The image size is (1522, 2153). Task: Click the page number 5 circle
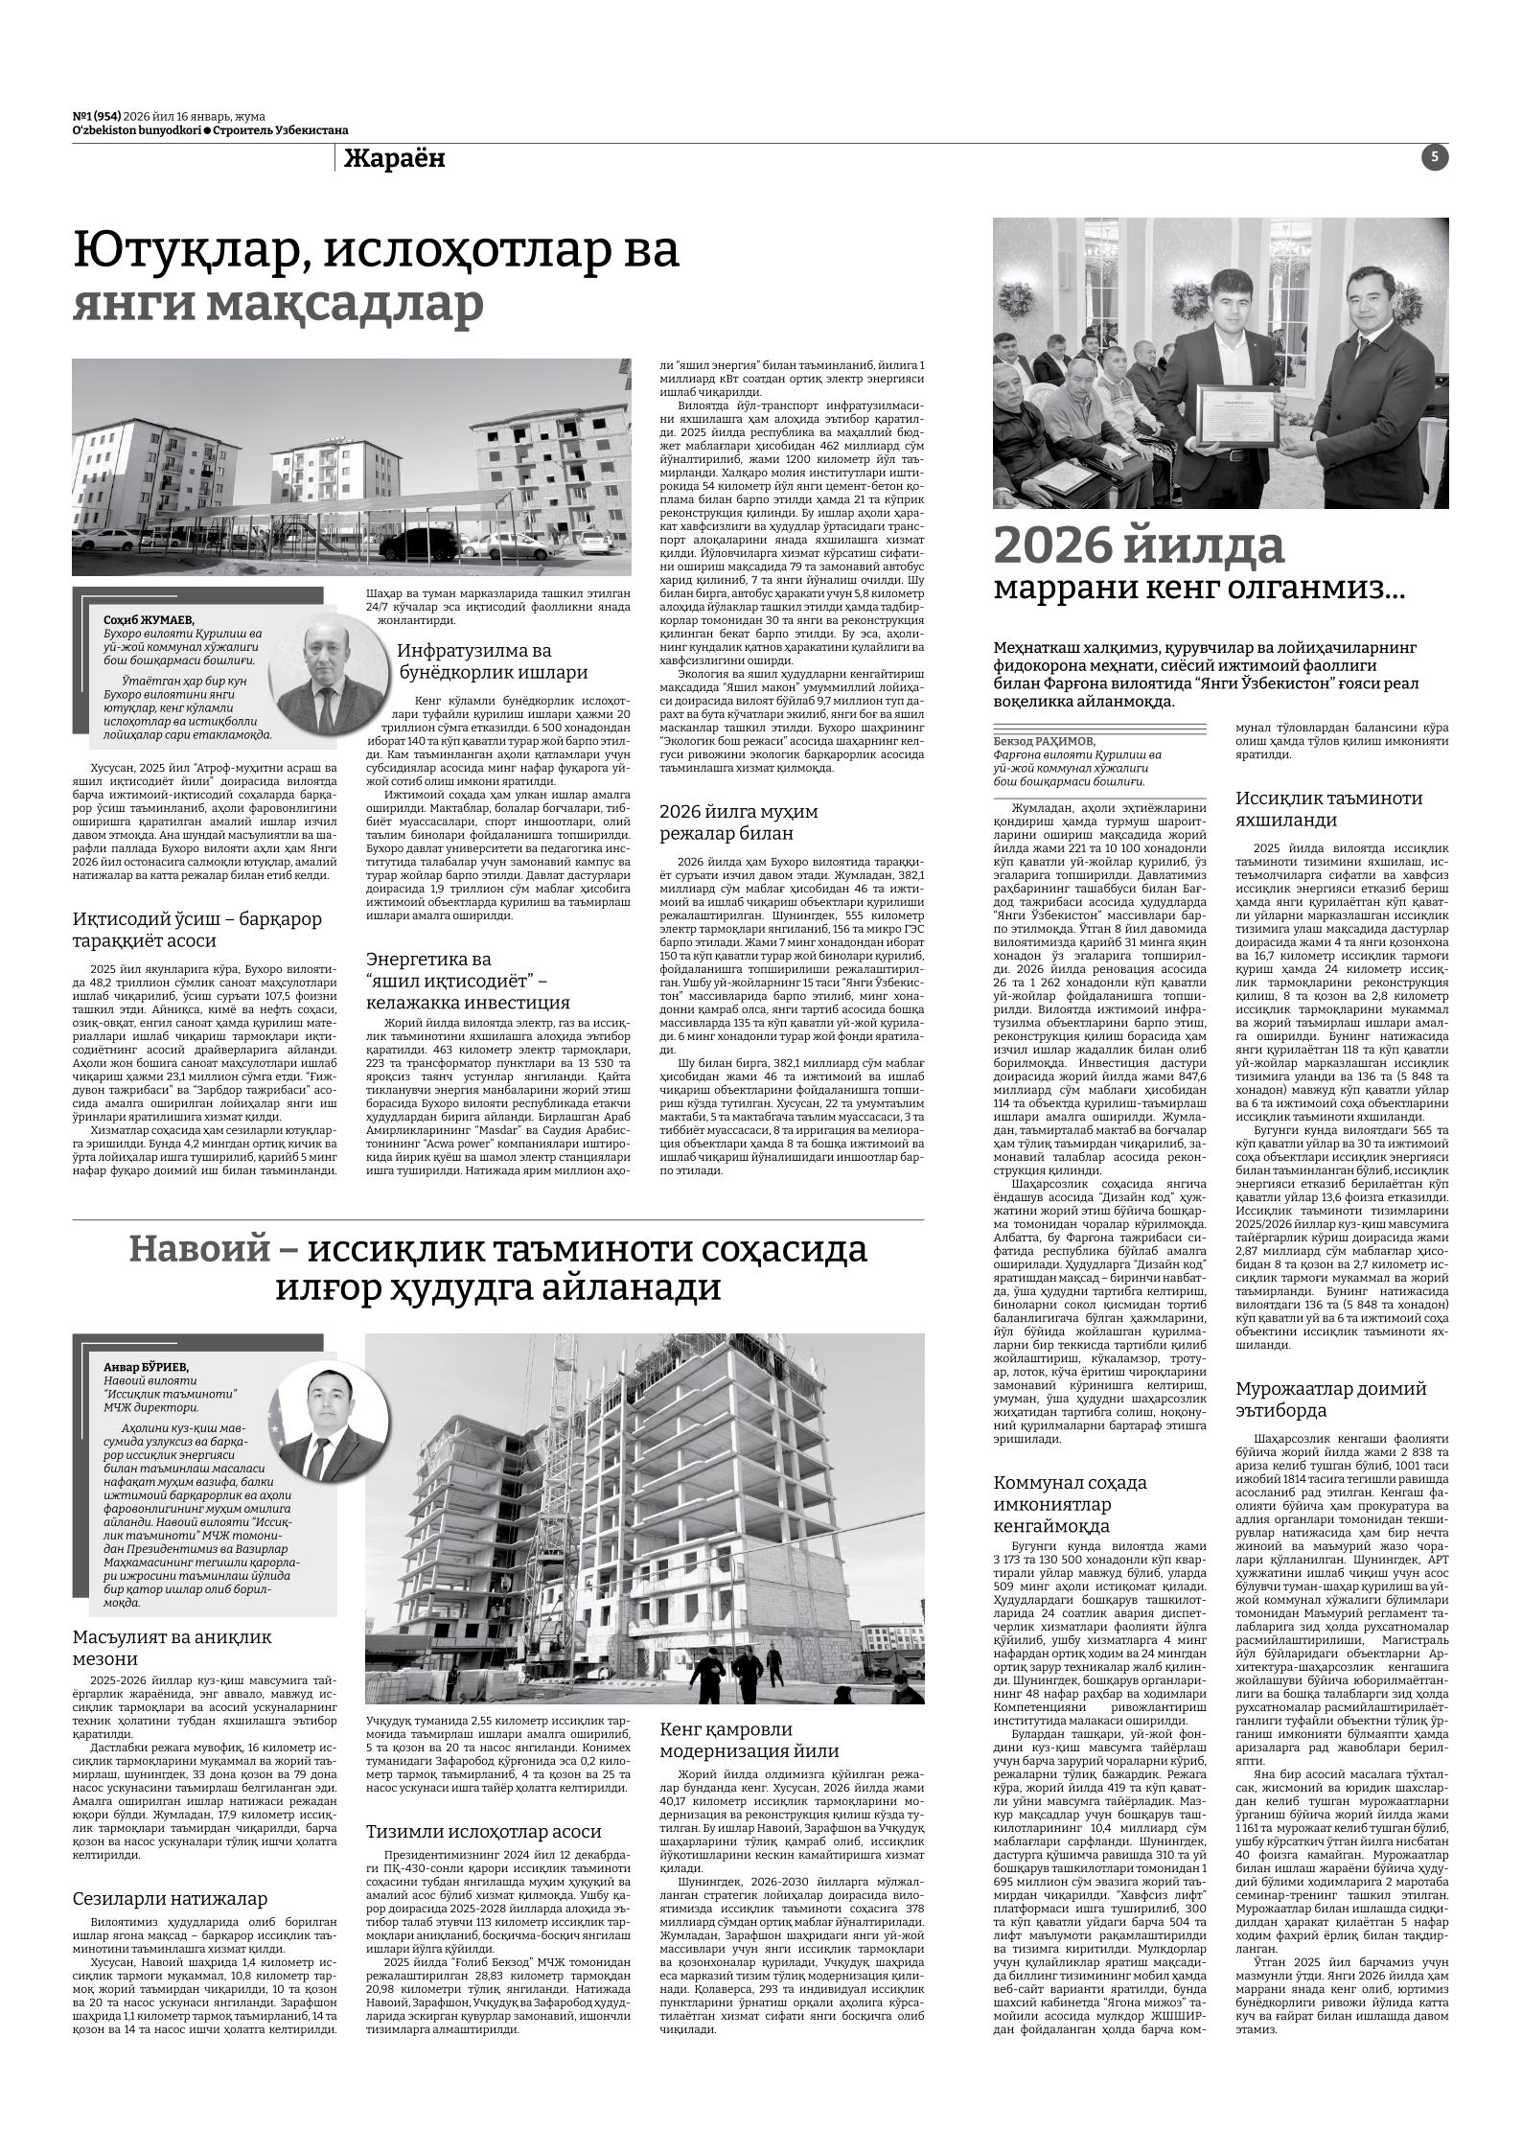pyautogui.click(x=1435, y=158)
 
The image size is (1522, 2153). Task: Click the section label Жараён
pyautogui.click(x=394, y=159)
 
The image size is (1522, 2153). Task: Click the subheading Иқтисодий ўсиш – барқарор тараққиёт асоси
pyautogui.click(x=197, y=930)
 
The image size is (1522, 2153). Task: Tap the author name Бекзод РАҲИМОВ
pyautogui.click(x=1044, y=741)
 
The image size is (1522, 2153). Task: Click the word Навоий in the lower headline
pyautogui.click(x=198, y=1249)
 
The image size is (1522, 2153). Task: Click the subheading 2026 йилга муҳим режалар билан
pyautogui.click(x=738, y=822)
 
